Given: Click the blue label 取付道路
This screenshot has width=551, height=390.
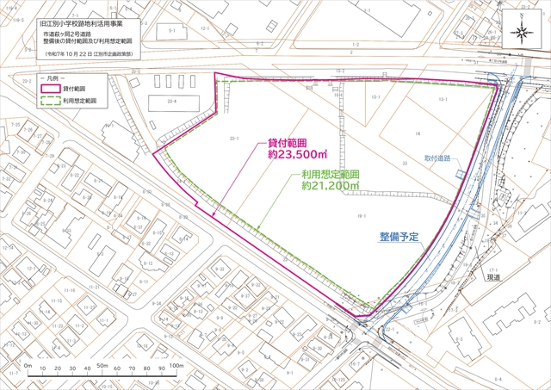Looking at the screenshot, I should pyautogui.click(x=437, y=158).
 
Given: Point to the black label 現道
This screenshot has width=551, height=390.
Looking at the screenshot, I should pyautogui.click(x=492, y=278).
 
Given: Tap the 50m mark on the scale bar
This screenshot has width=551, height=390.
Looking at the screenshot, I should pyautogui.click(x=101, y=366).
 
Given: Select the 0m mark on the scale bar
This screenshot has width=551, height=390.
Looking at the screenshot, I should pyautogui.click(x=28, y=366).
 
